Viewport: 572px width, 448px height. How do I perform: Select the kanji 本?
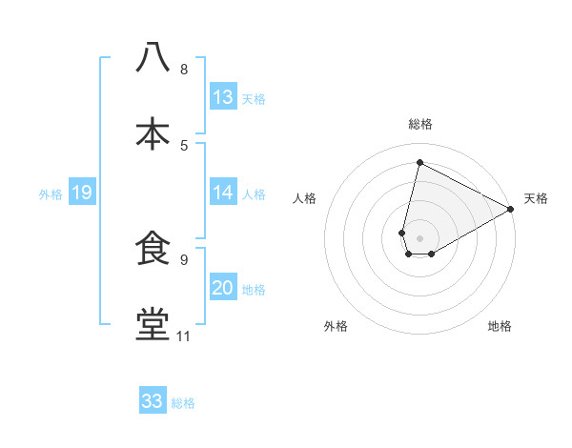click(153, 133)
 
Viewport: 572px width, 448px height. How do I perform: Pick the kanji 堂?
click(153, 324)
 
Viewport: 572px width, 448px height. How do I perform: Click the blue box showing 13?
click(223, 97)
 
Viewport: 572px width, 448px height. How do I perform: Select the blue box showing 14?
click(223, 193)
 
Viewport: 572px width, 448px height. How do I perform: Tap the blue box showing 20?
click(223, 289)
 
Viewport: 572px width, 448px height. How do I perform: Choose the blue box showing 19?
click(82, 193)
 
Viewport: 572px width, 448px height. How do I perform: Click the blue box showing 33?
click(153, 401)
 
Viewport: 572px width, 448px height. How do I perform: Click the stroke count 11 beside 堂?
click(184, 336)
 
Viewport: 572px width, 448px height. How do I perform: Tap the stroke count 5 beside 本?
click(184, 145)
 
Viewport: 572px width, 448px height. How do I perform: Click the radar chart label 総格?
click(420, 124)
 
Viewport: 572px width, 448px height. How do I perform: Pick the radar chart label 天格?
click(536, 198)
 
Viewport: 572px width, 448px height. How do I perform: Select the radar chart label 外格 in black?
click(336, 326)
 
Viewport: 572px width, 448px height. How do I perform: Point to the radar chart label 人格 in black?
click(305, 198)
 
